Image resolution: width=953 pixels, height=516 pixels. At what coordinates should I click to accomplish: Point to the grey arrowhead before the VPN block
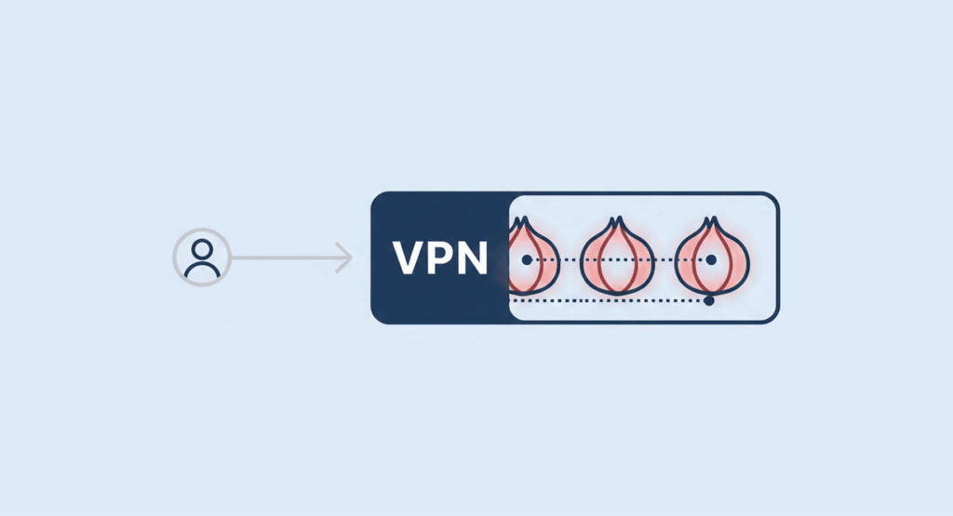point(346,258)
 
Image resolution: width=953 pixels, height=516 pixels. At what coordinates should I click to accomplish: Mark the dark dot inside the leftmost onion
point(527,260)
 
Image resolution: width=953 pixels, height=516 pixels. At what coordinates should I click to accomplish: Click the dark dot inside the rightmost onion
point(711,260)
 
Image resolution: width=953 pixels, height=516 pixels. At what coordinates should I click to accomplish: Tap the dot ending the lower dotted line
point(709,300)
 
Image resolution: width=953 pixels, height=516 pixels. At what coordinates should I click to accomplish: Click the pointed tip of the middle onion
point(615,221)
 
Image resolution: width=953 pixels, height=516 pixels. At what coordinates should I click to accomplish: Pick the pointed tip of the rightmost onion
point(712,221)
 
